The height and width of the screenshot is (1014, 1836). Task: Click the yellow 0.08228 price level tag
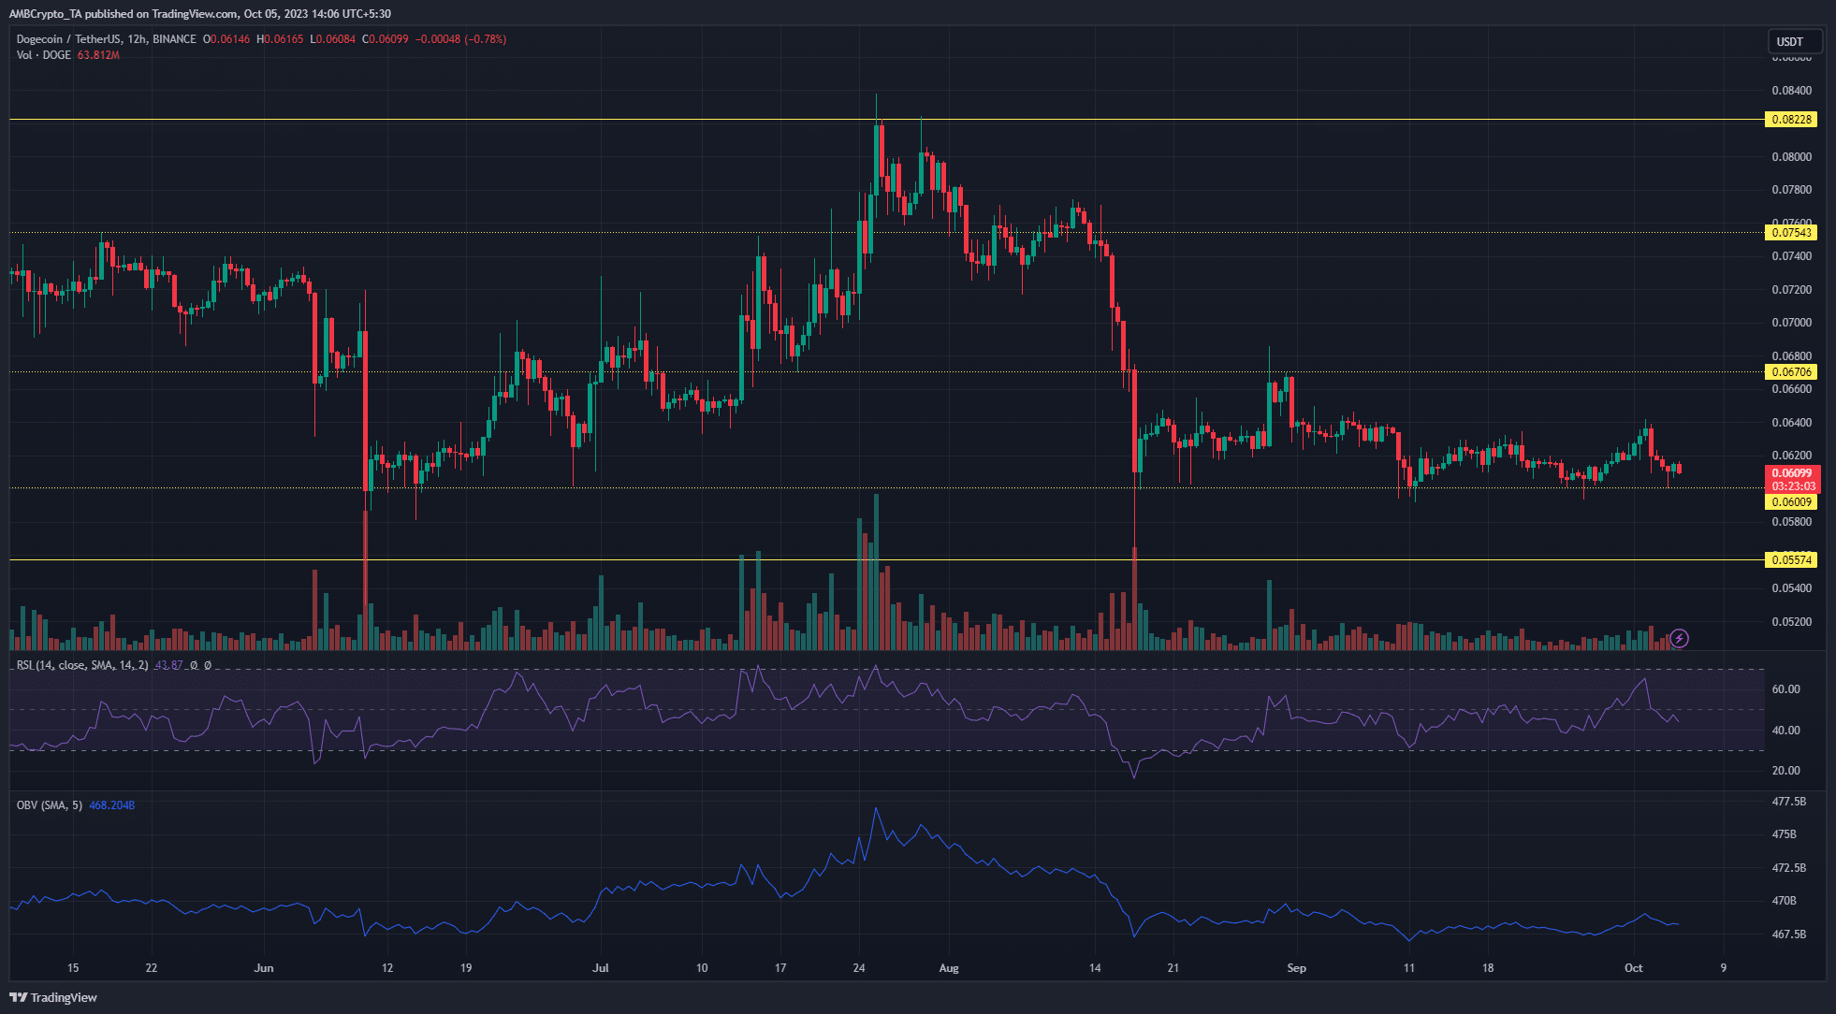click(x=1790, y=120)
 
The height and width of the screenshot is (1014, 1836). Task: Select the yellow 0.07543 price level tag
click(x=1790, y=233)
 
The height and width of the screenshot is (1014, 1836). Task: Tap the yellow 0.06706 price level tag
click(x=1790, y=372)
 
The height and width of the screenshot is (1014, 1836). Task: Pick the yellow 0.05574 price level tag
click(x=1790, y=560)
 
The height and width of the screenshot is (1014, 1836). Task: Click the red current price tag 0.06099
click(x=1791, y=474)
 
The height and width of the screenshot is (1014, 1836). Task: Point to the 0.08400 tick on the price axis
click(x=1791, y=91)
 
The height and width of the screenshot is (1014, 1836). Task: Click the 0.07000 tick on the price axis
click(x=1791, y=323)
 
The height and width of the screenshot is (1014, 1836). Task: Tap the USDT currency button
click(x=1790, y=42)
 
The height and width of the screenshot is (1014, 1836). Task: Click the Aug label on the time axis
click(x=949, y=968)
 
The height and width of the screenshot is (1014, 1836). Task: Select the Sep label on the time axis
click(x=1296, y=968)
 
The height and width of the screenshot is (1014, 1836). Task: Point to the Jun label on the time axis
click(x=264, y=968)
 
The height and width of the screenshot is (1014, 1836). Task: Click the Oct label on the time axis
click(x=1633, y=968)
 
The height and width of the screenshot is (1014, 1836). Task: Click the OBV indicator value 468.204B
click(x=111, y=805)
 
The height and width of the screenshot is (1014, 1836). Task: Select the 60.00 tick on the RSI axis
click(x=1785, y=689)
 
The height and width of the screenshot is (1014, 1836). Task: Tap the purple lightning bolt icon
click(x=1680, y=639)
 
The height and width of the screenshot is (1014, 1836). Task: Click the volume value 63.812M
click(x=98, y=55)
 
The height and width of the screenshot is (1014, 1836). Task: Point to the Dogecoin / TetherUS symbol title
click(x=106, y=39)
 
